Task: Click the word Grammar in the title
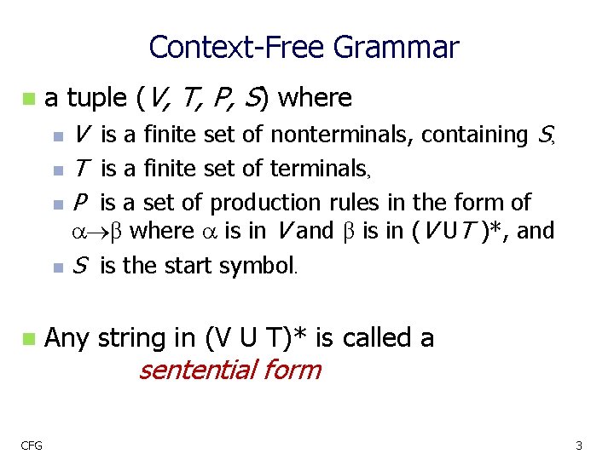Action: pos(397,48)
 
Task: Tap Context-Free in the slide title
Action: pos(238,48)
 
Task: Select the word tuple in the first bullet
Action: pos(97,98)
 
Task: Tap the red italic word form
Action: pos(291,371)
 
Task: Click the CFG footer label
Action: pos(33,445)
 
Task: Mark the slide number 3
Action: pos(578,445)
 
